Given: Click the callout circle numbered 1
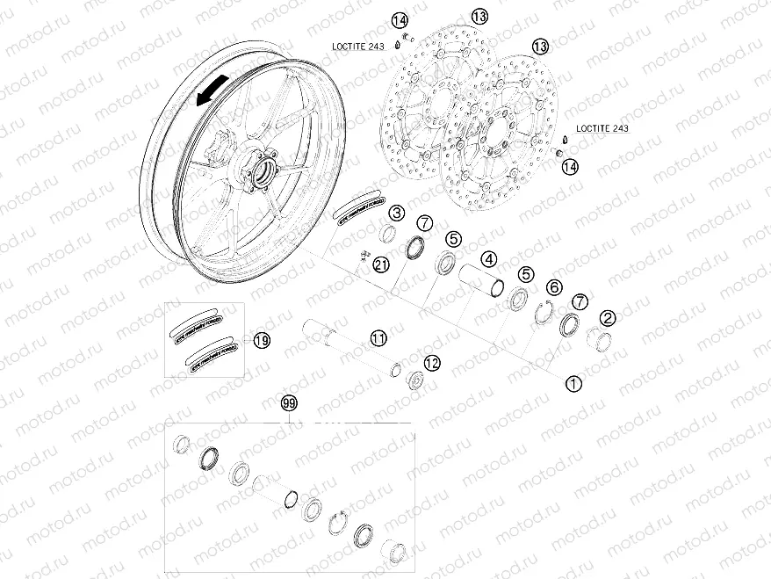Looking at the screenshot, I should (x=573, y=383).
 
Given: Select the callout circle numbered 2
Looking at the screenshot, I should (x=607, y=318).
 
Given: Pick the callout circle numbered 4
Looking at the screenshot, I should (x=488, y=260).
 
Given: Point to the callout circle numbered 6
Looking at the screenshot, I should (x=554, y=287).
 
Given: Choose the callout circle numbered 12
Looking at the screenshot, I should (x=431, y=362).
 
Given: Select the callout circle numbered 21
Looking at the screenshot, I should (x=380, y=264).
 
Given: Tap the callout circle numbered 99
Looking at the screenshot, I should (x=289, y=404).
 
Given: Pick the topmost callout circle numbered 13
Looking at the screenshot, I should (x=479, y=16).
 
